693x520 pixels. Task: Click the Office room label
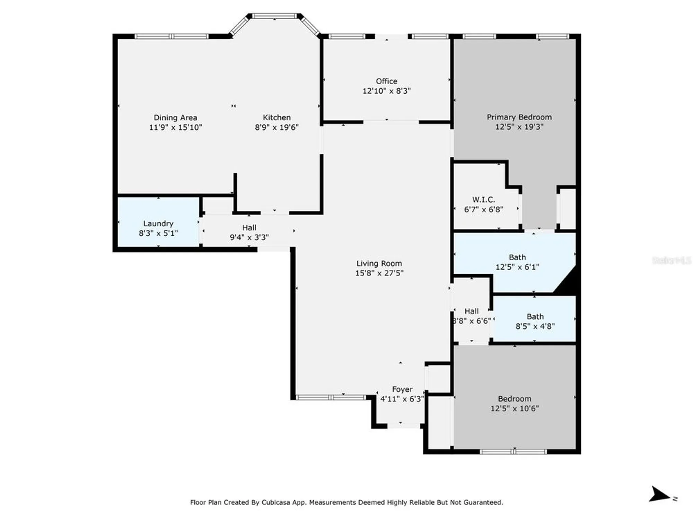(x=386, y=81)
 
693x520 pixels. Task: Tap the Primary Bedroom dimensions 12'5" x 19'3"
(x=519, y=127)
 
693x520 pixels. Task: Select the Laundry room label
(x=158, y=224)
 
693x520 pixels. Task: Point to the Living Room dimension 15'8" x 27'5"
(x=379, y=273)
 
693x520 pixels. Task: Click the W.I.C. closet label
(x=483, y=200)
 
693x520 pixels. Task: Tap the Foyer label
(x=402, y=389)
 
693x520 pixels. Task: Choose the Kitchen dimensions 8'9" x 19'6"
(x=277, y=127)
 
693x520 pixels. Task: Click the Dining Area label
(x=175, y=118)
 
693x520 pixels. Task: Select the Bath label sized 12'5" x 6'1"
(x=517, y=257)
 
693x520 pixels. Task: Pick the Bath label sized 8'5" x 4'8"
(x=535, y=317)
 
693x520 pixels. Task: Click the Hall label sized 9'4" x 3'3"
(x=249, y=228)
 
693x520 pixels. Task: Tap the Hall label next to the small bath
(x=472, y=311)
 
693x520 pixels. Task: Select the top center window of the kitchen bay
(x=274, y=16)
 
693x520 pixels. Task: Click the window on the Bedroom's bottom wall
(x=513, y=451)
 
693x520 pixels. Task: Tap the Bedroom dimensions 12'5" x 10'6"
(x=514, y=409)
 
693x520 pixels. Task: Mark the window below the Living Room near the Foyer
(x=331, y=397)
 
